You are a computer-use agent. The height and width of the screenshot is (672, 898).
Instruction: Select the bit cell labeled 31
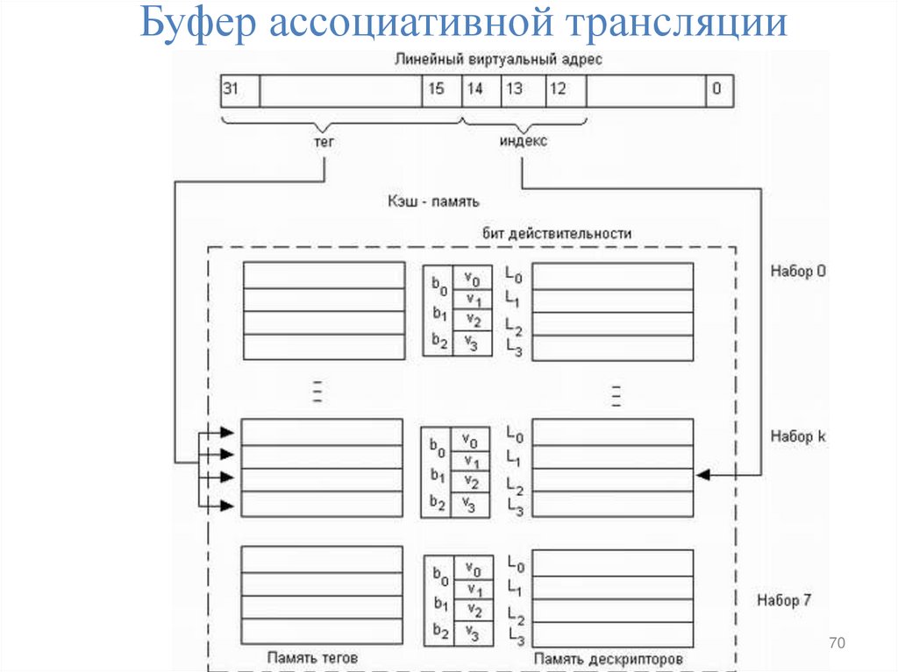click(239, 90)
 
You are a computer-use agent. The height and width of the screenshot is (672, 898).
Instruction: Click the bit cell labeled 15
click(441, 90)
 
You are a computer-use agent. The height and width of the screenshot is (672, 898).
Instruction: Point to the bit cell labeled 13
click(523, 90)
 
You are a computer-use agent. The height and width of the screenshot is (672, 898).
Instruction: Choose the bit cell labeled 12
click(565, 90)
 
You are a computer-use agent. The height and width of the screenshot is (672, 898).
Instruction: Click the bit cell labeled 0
click(719, 90)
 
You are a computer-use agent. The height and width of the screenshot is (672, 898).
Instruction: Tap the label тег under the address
click(325, 140)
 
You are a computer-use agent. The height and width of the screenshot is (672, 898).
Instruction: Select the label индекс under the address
click(524, 140)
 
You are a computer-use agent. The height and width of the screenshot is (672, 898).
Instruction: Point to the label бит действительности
click(557, 233)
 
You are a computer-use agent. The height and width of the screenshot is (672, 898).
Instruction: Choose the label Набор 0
click(798, 271)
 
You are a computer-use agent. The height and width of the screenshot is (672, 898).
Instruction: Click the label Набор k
click(798, 435)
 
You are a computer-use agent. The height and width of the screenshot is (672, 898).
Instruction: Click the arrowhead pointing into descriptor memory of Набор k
click(702, 475)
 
